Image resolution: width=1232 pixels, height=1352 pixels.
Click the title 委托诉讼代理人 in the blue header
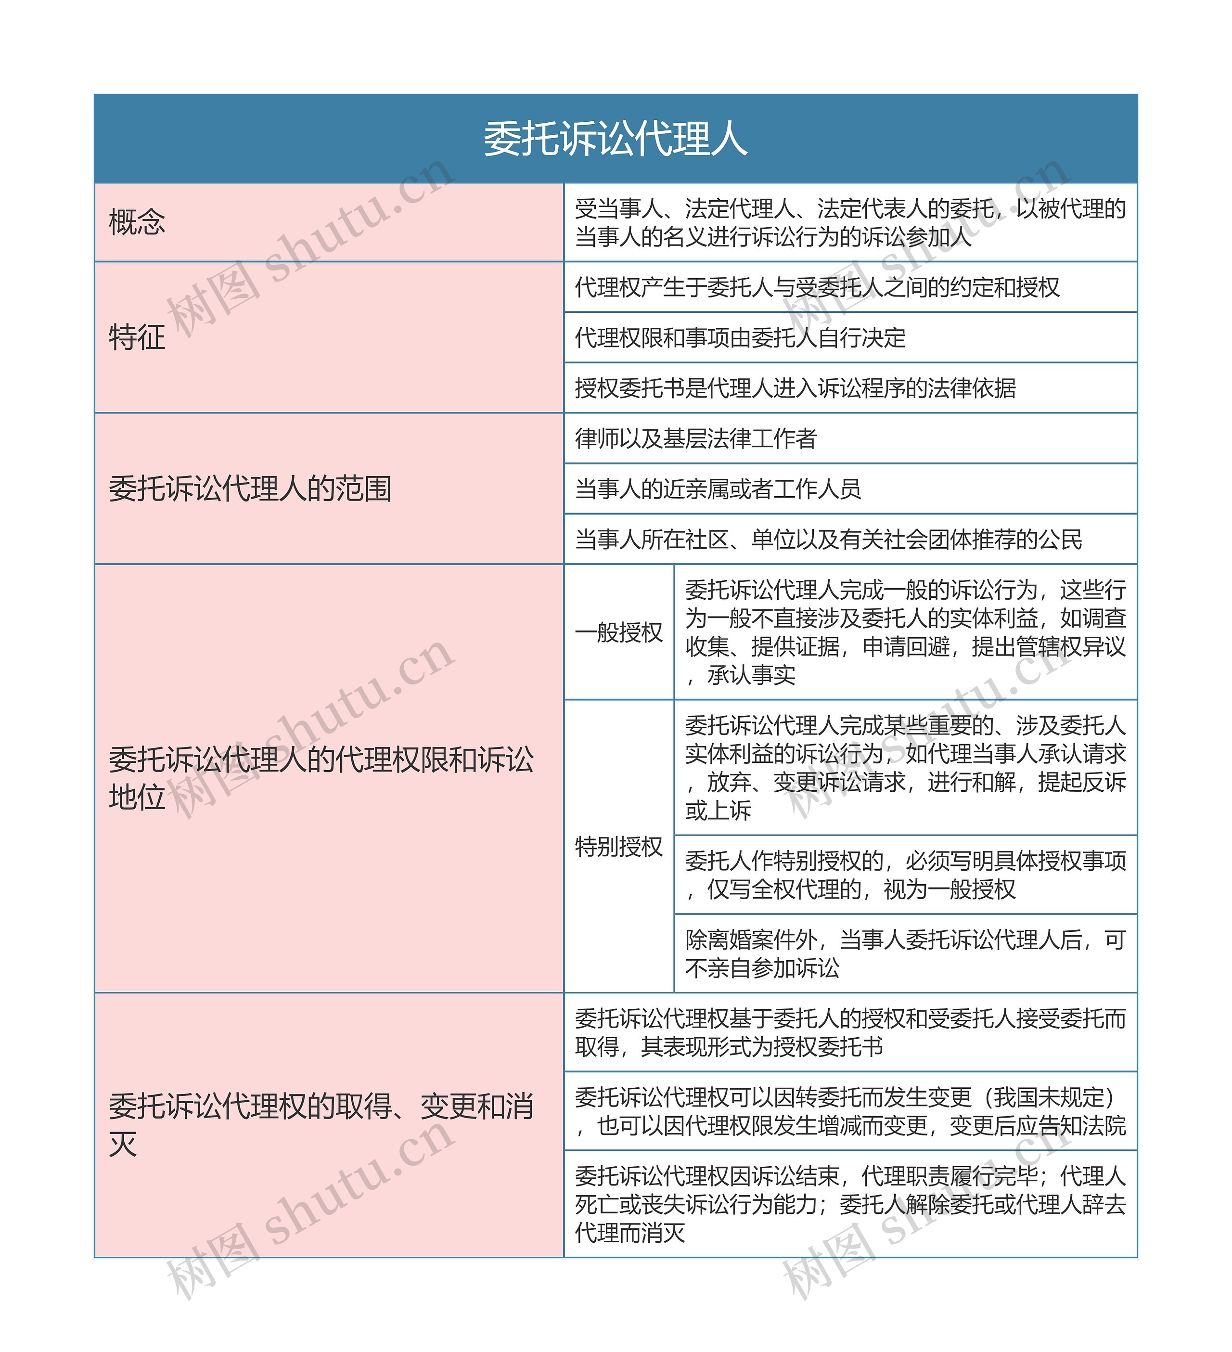pyautogui.click(x=615, y=139)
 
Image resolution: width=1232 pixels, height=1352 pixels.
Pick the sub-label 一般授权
pyautogui.click(x=618, y=632)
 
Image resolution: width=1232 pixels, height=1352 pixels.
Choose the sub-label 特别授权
pyautogui.click(x=618, y=846)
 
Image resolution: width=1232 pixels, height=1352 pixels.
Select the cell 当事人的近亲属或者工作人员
pyautogui.click(x=718, y=489)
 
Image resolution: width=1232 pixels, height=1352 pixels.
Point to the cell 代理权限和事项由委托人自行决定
pyautogui.click(x=740, y=337)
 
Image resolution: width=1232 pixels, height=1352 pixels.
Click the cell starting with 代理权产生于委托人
pyautogui.click(x=817, y=287)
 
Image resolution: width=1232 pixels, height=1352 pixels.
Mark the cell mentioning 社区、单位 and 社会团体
pyautogui.click(x=828, y=539)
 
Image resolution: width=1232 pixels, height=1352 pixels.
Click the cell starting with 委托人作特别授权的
pyautogui.click(x=905, y=875)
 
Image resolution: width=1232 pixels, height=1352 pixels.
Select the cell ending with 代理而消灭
pyautogui.click(x=850, y=1204)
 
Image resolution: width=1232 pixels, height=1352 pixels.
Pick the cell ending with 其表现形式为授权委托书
pyautogui.click(x=850, y=1033)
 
